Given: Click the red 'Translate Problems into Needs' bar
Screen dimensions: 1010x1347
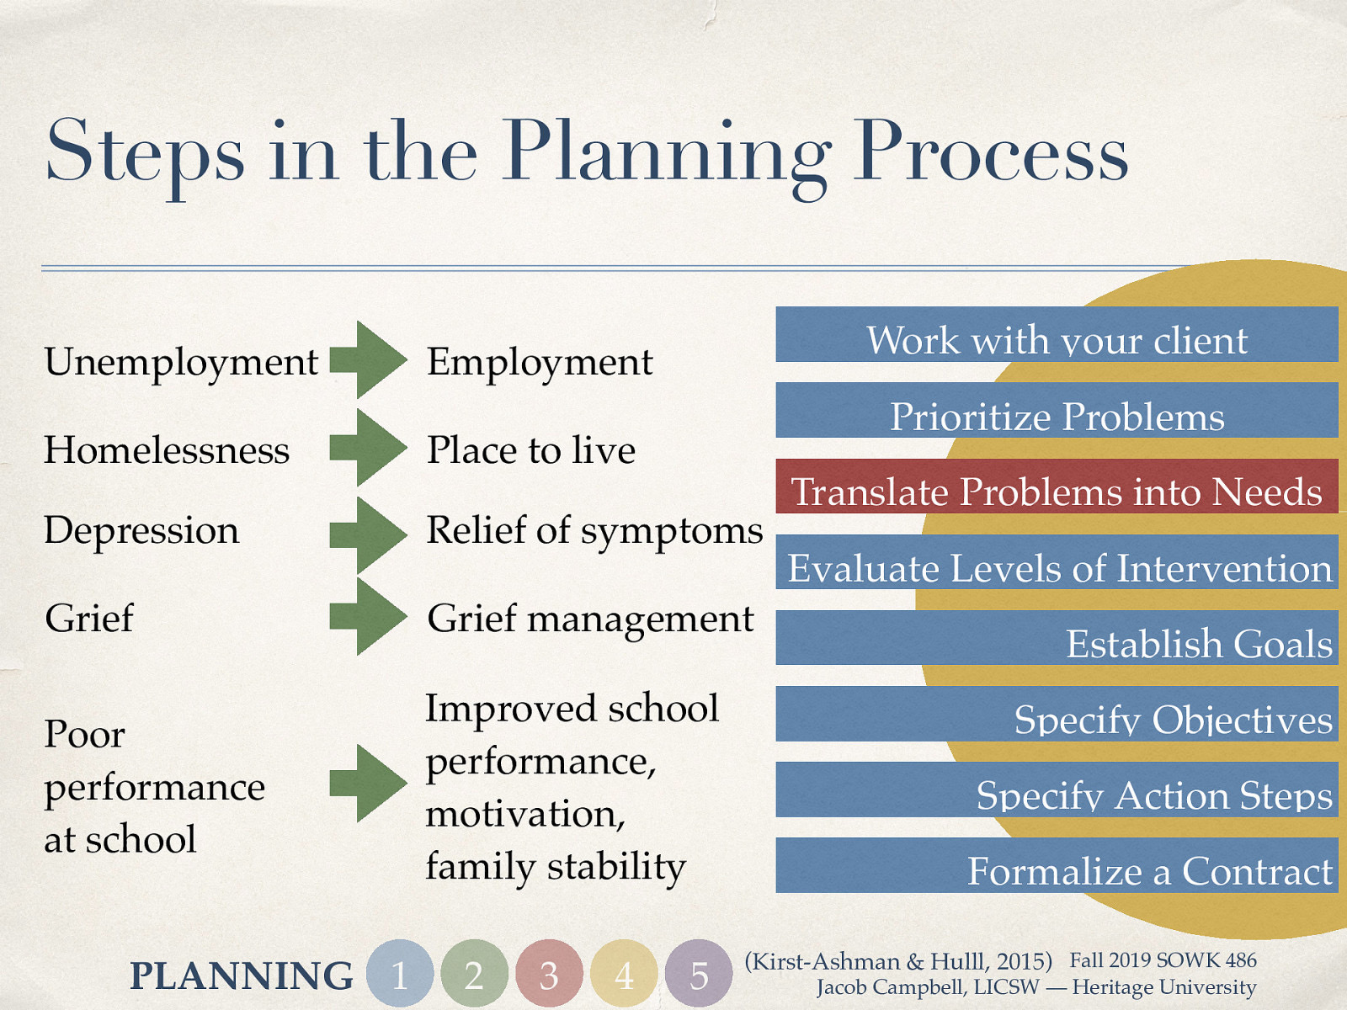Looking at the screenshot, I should point(1057,486).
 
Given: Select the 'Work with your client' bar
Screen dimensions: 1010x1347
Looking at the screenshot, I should point(1057,335).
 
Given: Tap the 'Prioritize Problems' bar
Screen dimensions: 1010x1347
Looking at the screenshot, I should point(1057,411).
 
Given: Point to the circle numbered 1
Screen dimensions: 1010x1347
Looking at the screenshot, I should point(400,974).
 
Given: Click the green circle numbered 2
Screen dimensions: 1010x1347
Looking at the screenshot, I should point(474,974).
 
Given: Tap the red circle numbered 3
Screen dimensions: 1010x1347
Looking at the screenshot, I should point(549,974).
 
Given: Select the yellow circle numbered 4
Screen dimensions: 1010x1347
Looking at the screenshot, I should point(624,974).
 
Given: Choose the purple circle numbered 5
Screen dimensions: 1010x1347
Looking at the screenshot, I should point(699,974).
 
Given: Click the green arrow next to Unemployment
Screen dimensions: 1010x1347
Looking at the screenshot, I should point(369,360).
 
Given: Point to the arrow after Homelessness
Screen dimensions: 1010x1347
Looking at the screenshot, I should point(369,448).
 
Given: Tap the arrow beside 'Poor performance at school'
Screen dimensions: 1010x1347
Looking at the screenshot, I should point(369,783).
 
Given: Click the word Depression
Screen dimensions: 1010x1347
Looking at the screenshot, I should point(141,530).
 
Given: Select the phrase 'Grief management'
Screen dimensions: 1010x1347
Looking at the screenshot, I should point(590,619).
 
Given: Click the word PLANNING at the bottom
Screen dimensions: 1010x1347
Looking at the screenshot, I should point(242,975).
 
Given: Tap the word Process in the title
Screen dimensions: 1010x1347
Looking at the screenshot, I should point(990,151).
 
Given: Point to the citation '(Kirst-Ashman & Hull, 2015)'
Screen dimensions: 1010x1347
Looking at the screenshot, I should point(898,961).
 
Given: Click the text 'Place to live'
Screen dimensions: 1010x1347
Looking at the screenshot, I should point(531,449).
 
